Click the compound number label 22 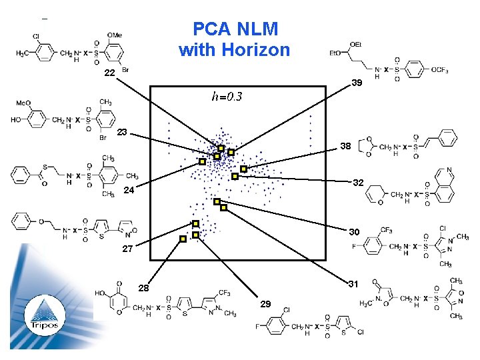coord(110,72)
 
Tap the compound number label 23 coord(122,133)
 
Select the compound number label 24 coord(129,191)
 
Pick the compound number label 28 coord(143,288)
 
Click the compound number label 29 coord(265,304)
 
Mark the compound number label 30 coord(354,232)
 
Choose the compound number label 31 coord(354,284)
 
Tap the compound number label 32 coord(358,182)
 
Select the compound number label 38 coord(346,145)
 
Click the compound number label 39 coord(357,83)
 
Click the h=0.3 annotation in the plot coord(227,97)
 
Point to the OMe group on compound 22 coord(115,35)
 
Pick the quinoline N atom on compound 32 coord(449,170)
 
